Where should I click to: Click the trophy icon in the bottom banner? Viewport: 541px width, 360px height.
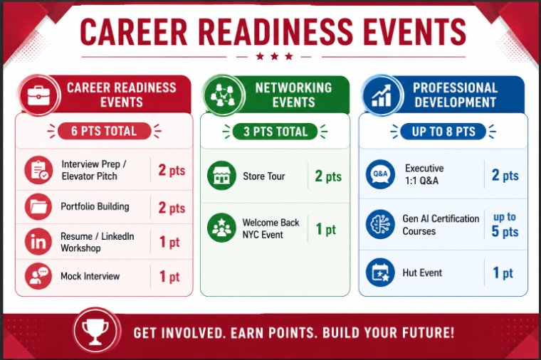click(x=95, y=331)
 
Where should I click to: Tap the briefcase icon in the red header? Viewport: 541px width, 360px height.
click(x=38, y=95)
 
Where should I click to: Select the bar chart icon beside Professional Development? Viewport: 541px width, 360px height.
click(x=382, y=95)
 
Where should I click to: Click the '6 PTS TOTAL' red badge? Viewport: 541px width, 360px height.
click(x=104, y=131)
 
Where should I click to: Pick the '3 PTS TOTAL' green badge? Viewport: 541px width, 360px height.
click(x=275, y=132)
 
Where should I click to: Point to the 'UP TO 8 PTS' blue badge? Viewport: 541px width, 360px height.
click(x=443, y=132)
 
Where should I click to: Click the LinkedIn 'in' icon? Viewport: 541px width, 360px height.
click(x=38, y=242)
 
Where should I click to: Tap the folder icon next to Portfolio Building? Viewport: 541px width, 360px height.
click(x=38, y=207)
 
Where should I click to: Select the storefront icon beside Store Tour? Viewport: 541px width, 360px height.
click(x=221, y=176)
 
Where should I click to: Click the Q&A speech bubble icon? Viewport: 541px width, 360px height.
click(x=380, y=174)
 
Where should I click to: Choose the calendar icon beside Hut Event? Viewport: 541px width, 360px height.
click(x=380, y=272)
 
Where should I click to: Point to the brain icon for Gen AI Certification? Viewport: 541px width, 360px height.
click(x=380, y=225)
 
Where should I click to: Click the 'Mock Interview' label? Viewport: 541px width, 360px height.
click(x=90, y=276)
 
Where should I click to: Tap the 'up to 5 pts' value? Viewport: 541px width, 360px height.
click(x=505, y=225)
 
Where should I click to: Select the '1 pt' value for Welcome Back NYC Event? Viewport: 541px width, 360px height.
click(x=326, y=229)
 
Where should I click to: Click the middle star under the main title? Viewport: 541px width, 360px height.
click(x=275, y=56)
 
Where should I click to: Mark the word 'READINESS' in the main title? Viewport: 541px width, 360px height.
click(x=276, y=32)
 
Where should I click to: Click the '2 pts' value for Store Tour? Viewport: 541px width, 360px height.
click(x=328, y=176)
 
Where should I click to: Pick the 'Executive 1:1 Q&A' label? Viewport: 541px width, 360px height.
click(x=424, y=174)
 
